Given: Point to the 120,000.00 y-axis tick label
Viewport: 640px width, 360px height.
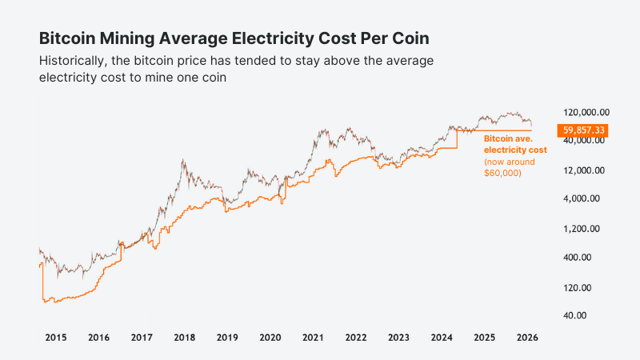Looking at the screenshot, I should (587, 112).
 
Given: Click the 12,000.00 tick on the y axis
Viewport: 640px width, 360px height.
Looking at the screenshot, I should (587, 170).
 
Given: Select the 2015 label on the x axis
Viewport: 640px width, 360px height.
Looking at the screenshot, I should (55, 338).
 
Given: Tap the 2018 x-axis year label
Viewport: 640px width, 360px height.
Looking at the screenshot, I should (185, 338).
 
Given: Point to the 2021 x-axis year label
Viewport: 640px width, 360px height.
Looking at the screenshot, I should (313, 338).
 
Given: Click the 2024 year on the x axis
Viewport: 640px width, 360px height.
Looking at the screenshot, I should (442, 338).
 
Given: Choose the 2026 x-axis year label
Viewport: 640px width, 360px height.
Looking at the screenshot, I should (527, 338).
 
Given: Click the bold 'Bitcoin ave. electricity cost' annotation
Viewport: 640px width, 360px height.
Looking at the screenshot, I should (515, 144).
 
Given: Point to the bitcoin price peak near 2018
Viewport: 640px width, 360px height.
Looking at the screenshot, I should (183, 161).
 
